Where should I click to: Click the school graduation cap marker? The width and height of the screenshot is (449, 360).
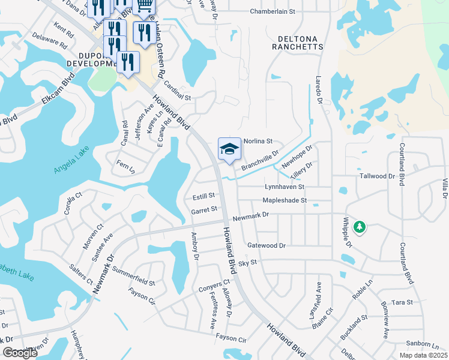[x=229, y=149]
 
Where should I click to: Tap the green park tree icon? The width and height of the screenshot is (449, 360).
[x=359, y=227]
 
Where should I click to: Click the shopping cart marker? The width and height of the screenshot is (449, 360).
[x=144, y=5]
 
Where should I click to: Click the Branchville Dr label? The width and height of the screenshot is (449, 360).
[x=260, y=161]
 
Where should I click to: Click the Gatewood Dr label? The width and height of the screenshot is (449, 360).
[x=266, y=245]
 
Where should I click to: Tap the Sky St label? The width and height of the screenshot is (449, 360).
[x=247, y=263]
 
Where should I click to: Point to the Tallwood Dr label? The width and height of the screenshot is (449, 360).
[x=377, y=176]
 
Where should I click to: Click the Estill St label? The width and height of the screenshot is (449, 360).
[x=203, y=196]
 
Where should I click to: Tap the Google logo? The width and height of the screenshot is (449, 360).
[x=20, y=353]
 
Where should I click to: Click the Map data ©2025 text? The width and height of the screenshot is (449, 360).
[x=423, y=355]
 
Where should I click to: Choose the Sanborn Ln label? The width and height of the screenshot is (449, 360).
[x=413, y=345]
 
